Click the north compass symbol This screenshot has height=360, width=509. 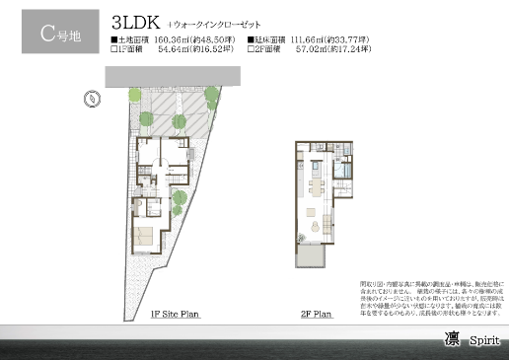(91, 98)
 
